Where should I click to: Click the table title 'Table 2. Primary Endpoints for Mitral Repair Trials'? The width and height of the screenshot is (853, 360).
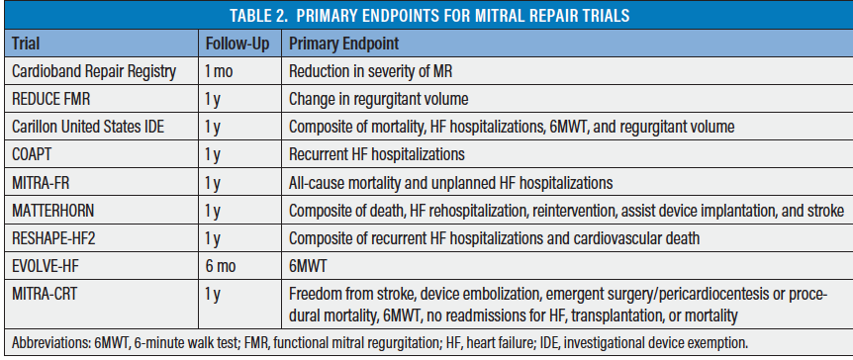coord(429,15)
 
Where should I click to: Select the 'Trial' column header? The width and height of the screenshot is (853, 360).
coord(26,44)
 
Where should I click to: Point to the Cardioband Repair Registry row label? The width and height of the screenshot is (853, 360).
coord(94,72)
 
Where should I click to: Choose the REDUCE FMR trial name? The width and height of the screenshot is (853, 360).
coord(52,100)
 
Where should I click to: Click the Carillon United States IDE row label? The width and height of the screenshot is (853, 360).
coord(88,127)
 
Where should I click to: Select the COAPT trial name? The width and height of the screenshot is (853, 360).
coord(32,154)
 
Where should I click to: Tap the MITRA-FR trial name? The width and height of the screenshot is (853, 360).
coord(41,182)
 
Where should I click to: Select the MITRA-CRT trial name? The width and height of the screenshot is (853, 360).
coord(45,293)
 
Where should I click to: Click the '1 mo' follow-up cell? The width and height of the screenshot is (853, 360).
coord(219,72)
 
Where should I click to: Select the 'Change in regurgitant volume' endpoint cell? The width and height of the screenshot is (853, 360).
coord(378,100)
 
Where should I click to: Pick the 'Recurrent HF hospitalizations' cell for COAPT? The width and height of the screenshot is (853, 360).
coord(376,155)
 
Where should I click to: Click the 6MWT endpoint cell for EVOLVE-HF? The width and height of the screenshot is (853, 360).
coord(309,265)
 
